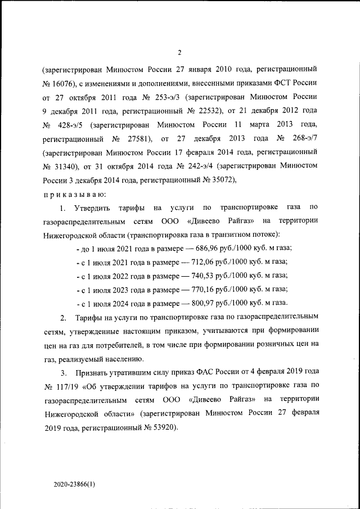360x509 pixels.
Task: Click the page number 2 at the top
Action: click(179, 53)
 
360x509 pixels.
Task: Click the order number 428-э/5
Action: click(72, 124)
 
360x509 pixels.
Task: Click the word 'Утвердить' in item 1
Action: click(93, 208)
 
